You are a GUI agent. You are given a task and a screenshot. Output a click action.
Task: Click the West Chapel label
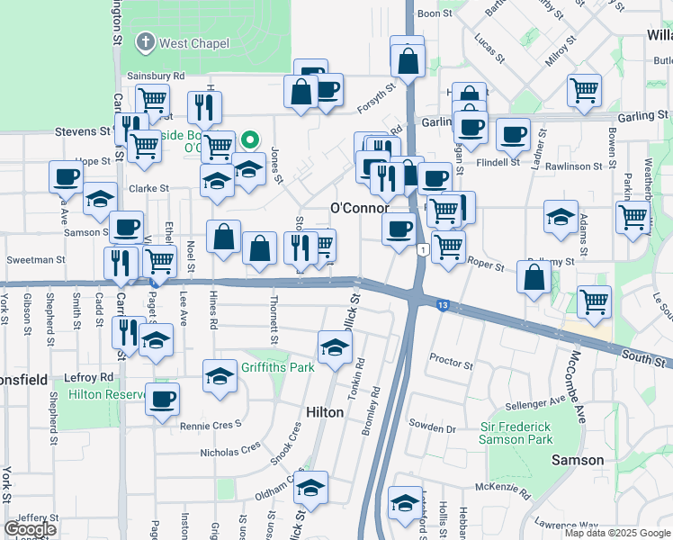click(x=193, y=43)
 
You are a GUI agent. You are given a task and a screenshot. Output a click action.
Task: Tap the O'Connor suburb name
click(x=360, y=208)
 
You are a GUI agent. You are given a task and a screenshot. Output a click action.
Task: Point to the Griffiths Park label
click(x=278, y=367)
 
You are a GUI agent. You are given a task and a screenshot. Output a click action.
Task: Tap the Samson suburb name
click(x=578, y=460)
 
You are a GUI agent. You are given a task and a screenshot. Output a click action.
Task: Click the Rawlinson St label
click(x=573, y=166)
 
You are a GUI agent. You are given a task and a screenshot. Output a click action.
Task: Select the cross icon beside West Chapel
click(x=146, y=42)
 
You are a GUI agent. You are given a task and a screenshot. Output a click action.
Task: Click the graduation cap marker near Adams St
click(x=561, y=217)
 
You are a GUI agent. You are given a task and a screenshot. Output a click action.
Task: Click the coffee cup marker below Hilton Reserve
click(x=162, y=399)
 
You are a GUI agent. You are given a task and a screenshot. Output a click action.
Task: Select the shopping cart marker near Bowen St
click(x=633, y=216)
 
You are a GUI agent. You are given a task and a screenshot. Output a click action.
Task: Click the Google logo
click(x=30, y=529)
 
